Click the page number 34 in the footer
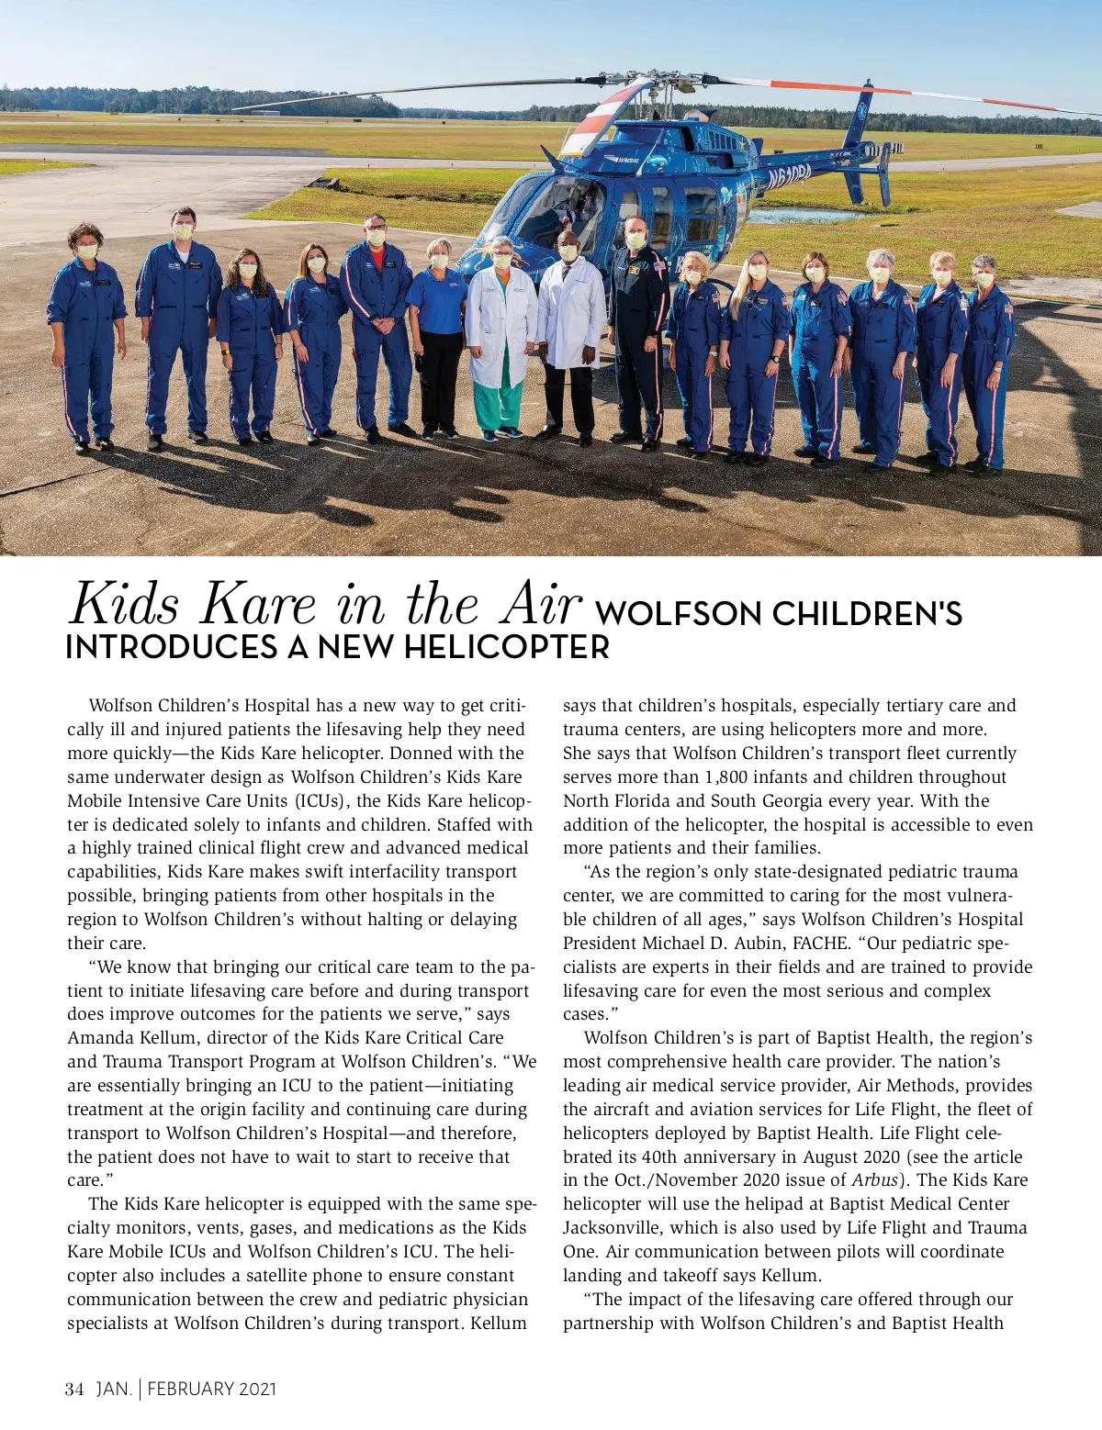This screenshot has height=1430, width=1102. coord(74,1390)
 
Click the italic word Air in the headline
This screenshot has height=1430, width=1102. coord(541,605)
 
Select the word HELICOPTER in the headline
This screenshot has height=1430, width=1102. coord(506,648)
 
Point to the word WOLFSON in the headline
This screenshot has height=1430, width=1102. coord(679,614)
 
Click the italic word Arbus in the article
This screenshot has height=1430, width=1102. coord(873,1180)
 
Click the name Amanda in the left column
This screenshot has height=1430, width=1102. coord(100,1038)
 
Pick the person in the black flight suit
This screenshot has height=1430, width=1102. coord(639,330)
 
